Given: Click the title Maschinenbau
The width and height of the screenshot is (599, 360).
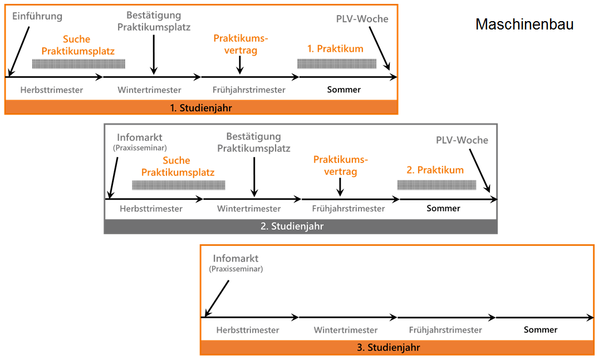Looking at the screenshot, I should coord(524,24).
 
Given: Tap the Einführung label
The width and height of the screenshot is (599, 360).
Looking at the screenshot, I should coord(37,16).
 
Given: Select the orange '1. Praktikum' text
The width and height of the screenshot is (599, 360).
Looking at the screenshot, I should coord(335,49).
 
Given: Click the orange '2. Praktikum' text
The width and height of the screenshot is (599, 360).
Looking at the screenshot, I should coord(435,170).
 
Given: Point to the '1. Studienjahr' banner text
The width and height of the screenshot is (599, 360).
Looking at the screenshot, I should coord(201,108).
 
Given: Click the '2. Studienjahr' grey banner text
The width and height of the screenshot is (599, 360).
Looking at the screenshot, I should coord(300,226).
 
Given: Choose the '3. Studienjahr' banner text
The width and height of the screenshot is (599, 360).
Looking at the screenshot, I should coord(396,348).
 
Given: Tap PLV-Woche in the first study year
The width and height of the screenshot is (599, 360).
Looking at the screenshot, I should coord(362,19).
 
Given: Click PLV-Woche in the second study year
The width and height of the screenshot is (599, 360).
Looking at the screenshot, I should coord(461,140).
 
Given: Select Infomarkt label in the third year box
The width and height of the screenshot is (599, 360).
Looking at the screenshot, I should coord(235,259).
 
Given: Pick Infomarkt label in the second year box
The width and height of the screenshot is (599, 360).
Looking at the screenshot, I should coord(140,137).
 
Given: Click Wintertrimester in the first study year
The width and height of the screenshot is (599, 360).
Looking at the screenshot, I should coord(149,90).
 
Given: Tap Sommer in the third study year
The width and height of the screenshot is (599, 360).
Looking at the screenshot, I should coord(540,330).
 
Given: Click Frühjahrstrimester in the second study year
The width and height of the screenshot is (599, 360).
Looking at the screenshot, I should coord(348,209).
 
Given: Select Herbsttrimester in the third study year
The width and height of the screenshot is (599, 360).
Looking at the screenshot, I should coord(247,330).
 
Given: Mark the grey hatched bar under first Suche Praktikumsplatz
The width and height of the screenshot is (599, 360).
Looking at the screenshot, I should coord(78,63).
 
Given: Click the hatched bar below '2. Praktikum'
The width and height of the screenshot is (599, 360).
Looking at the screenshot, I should coord(437,185).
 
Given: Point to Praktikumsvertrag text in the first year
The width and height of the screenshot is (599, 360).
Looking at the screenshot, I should coord(240,45).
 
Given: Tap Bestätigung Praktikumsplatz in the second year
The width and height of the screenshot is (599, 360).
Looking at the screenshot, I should coord(253,142).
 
